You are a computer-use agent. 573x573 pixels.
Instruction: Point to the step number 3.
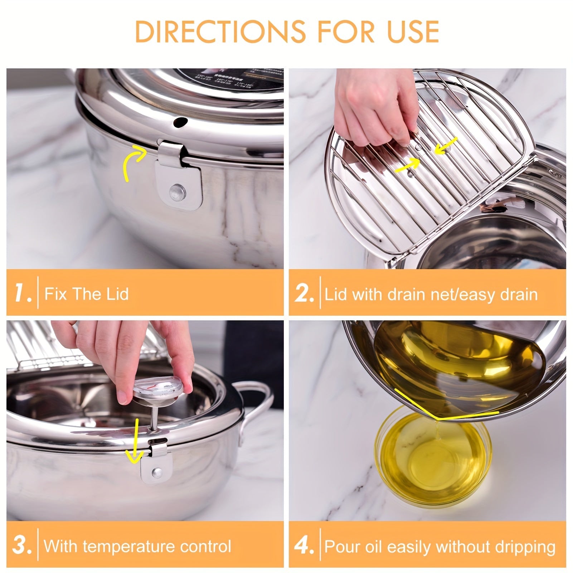point(22,546)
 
